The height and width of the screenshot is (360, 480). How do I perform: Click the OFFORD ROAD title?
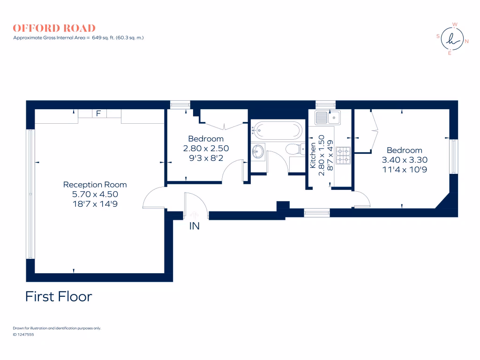pos(54,28)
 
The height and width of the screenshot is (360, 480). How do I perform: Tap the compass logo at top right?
pos(451,39)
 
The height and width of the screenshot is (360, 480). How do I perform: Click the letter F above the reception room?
pos(98,113)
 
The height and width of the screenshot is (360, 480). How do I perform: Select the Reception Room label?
pos(95,185)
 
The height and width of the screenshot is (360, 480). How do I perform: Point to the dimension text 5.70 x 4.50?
pos(95,194)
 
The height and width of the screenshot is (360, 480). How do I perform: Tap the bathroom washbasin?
pos(257,151)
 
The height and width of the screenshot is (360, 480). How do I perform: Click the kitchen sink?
pos(327,117)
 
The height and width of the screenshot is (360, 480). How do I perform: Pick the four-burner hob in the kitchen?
pos(343,156)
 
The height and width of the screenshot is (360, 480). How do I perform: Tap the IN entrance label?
pos(194,226)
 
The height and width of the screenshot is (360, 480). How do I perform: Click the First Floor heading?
pos(59,296)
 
